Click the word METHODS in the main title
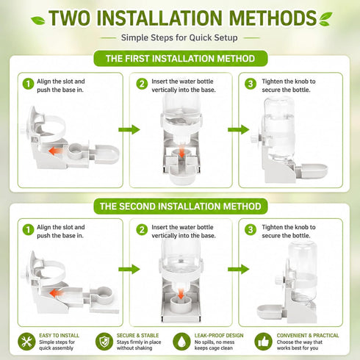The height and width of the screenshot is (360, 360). (x=273, y=18)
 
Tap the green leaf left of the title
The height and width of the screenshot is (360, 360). (x=38, y=21)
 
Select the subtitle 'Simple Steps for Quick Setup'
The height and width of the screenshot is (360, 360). (x=179, y=37)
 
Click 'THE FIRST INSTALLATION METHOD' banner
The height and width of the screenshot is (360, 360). (x=181, y=59)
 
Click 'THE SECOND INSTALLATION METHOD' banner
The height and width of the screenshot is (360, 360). (x=181, y=206)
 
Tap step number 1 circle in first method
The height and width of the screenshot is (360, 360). (x=28, y=84)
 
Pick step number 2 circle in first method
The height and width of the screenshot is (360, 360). (x=142, y=84)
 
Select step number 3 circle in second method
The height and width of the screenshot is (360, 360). (x=251, y=230)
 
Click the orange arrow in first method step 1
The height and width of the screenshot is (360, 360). (x=56, y=151)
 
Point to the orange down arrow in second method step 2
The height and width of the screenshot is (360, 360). (x=181, y=294)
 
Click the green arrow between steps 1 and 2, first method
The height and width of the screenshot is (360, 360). (x=129, y=129)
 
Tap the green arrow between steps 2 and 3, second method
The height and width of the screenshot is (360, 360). (x=238, y=269)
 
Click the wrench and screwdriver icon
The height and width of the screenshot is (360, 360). (x=26, y=342)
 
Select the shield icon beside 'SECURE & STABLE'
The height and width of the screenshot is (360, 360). (x=104, y=342)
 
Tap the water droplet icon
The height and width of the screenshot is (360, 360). (x=181, y=342)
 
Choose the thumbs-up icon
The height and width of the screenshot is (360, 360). (x=264, y=342)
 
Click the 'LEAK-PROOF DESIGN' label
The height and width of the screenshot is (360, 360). (x=219, y=336)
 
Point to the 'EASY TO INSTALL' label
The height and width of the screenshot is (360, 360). (x=59, y=336)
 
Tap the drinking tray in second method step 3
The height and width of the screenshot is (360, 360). (x=271, y=312)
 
